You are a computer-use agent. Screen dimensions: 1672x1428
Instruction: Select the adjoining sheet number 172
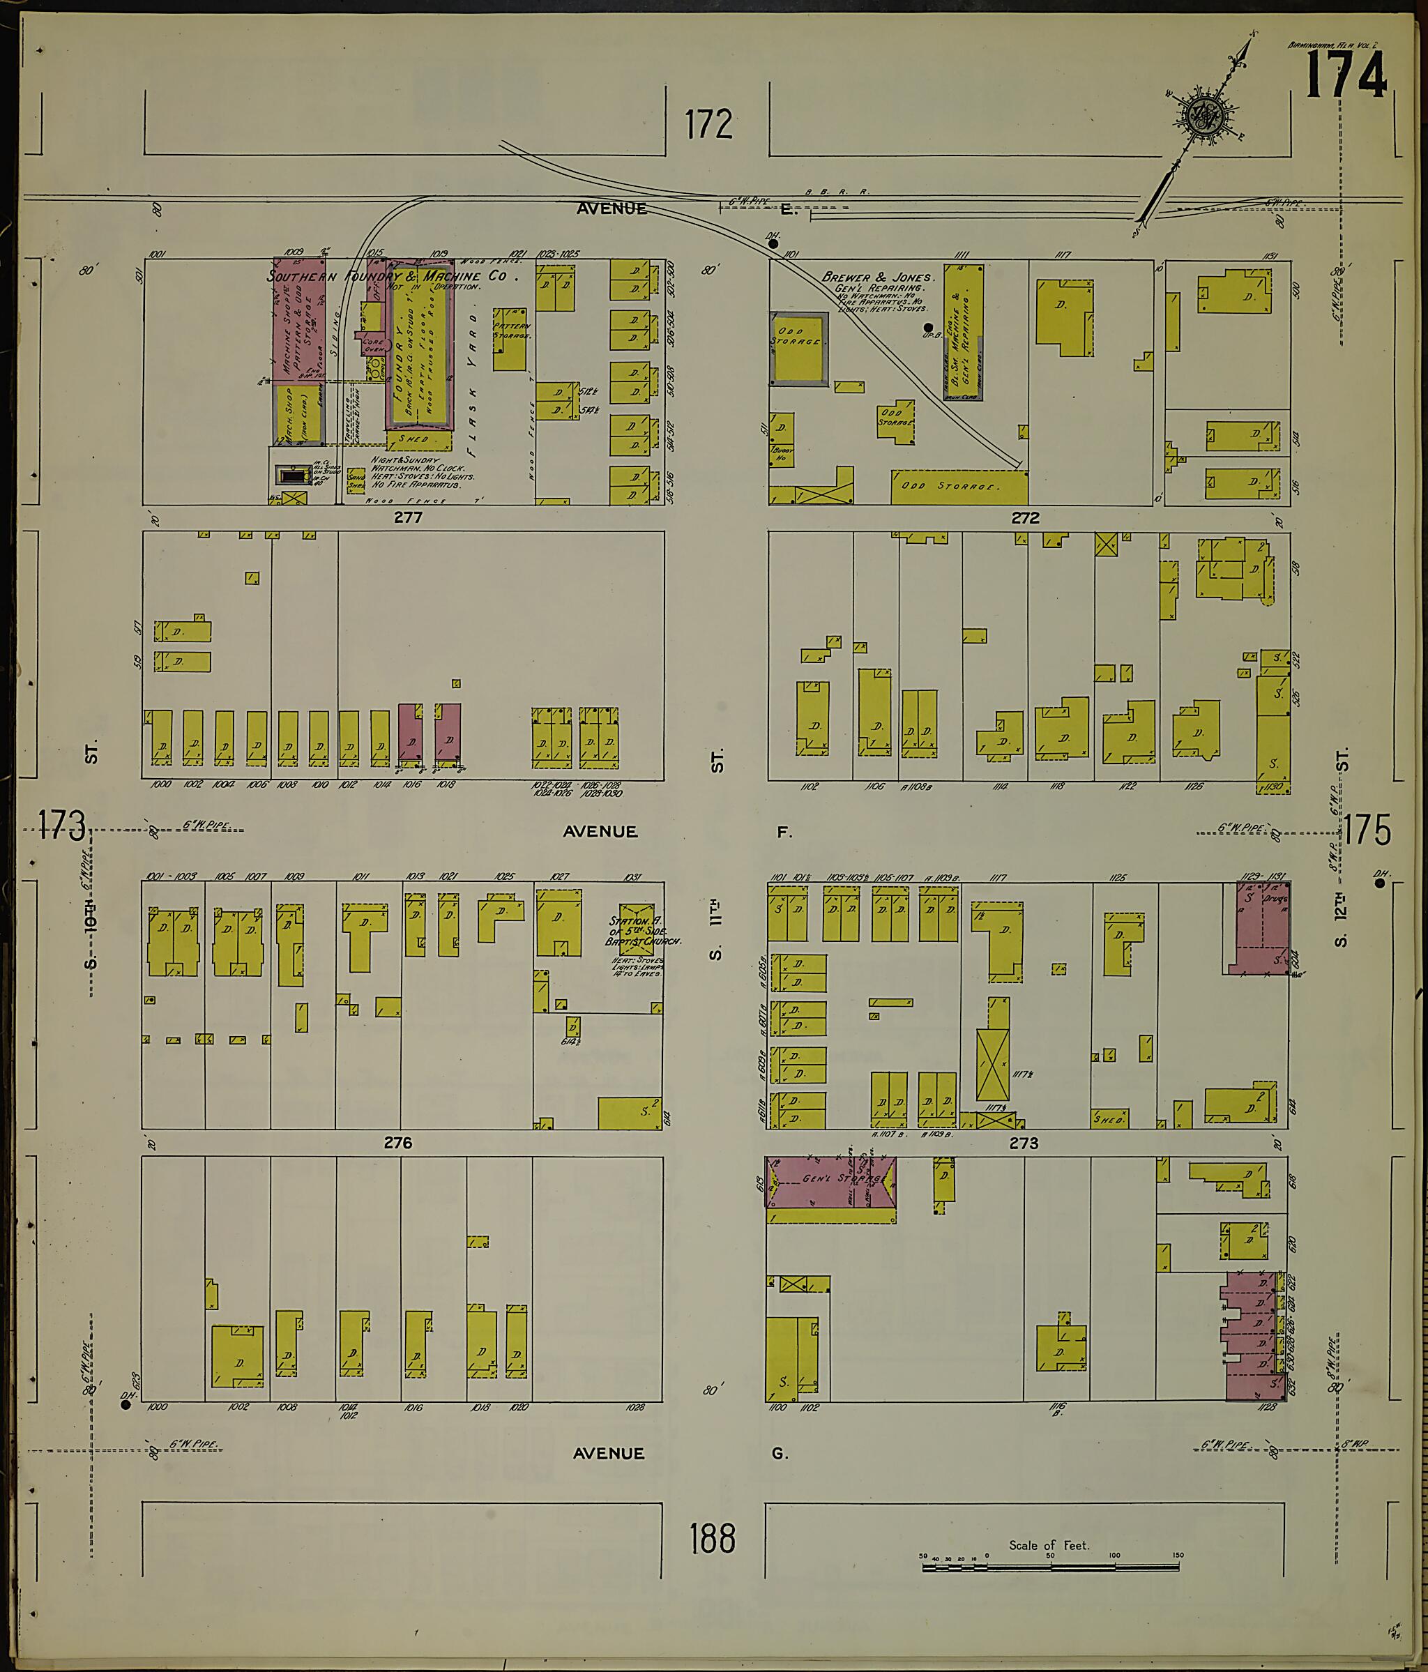pyautogui.click(x=708, y=124)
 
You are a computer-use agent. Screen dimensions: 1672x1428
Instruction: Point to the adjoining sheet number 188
pyautogui.click(x=713, y=1538)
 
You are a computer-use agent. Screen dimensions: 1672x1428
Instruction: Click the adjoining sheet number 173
pyautogui.click(x=61, y=825)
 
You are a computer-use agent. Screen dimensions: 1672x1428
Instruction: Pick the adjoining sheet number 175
pyautogui.click(x=1367, y=830)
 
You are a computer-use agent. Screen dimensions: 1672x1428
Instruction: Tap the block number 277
pyautogui.click(x=408, y=517)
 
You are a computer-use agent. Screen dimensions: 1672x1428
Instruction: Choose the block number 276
pyautogui.click(x=397, y=1143)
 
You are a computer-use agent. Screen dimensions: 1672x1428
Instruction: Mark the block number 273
pyautogui.click(x=1023, y=1143)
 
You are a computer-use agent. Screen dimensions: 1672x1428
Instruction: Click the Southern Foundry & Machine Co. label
pyautogui.click(x=387, y=276)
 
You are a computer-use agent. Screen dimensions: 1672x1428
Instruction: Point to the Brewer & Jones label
pyautogui.click(x=877, y=277)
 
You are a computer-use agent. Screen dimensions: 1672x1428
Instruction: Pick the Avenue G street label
pyautogui.click(x=679, y=1453)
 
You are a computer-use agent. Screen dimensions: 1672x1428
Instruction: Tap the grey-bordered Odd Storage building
pyautogui.click(x=798, y=349)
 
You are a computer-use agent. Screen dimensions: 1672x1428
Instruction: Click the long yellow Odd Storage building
pyautogui.click(x=959, y=487)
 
